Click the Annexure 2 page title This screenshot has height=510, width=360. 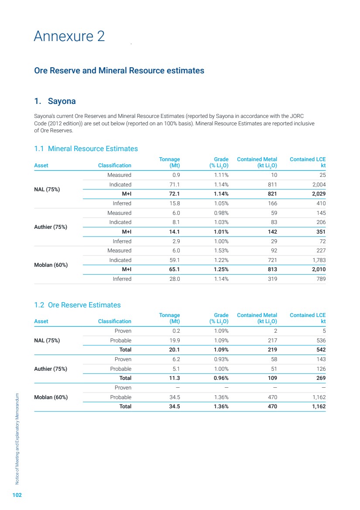(x=69, y=36)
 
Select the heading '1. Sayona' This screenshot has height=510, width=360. (x=55, y=101)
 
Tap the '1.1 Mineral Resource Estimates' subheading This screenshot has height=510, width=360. (x=86, y=149)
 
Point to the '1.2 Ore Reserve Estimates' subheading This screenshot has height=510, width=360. (x=77, y=305)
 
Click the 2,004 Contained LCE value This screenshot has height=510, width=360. (x=318, y=185)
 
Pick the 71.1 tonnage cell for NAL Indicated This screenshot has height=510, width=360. (x=174, y=185)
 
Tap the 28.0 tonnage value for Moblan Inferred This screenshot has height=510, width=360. (x=173, y=279)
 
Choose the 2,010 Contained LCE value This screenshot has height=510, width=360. (x=317, y=269)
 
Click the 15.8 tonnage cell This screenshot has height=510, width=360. (x=174, y=203)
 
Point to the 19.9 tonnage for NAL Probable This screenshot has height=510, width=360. (x=174, y=340)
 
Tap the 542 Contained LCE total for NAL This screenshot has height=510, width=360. (x=320, y=350)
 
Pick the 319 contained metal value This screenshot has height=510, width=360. (x=272, y=279)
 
